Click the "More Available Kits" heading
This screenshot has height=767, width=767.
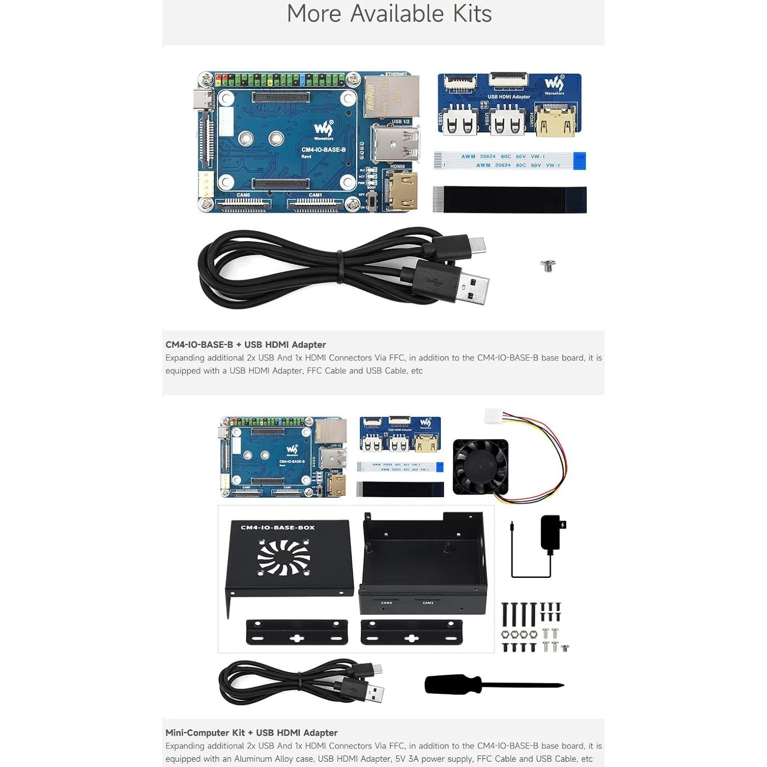point(389,14)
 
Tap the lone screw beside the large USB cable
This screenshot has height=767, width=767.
point(548,266)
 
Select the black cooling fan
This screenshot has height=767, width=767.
point(480,467)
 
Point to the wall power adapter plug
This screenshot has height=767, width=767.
point(551,533)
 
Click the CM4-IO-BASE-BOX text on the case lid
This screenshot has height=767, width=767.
point(278,527)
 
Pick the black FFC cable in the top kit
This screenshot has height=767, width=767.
point(509,200)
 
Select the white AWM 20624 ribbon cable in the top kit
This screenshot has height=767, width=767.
point(509,161)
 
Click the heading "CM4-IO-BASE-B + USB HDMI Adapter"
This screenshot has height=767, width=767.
point(245,345)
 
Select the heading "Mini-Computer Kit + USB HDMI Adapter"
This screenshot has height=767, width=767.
point(251,733)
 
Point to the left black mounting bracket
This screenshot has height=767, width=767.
point(297,632)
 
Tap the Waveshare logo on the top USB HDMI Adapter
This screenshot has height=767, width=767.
point(554,85)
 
